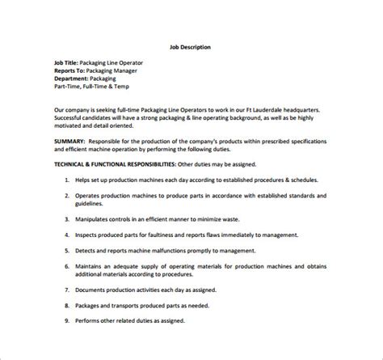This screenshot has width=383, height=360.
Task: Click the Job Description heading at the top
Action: pos(191,47)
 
